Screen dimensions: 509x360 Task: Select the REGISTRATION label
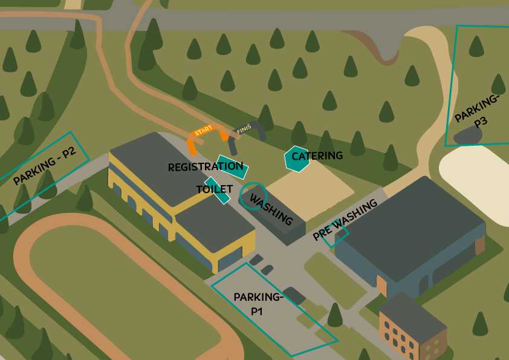tap(206, 167)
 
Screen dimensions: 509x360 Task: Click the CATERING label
tap(317, 156)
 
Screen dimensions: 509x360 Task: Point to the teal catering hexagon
tap(296, 159)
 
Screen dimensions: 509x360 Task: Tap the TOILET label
tap(215, 189)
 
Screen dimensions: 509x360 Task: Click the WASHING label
tap(271, 210)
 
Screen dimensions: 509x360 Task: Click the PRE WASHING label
tap(345, 220)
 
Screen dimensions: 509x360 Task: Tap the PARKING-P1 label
tap(258, 304)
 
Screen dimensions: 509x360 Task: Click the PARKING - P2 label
tap(45, 166)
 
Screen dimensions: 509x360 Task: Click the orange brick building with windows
tap(412, 328)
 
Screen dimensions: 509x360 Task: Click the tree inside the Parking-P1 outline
tap(336, 315)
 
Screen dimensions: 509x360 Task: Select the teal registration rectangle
tap(232, 167)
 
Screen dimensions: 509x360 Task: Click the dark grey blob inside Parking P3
tap(468, 136)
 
